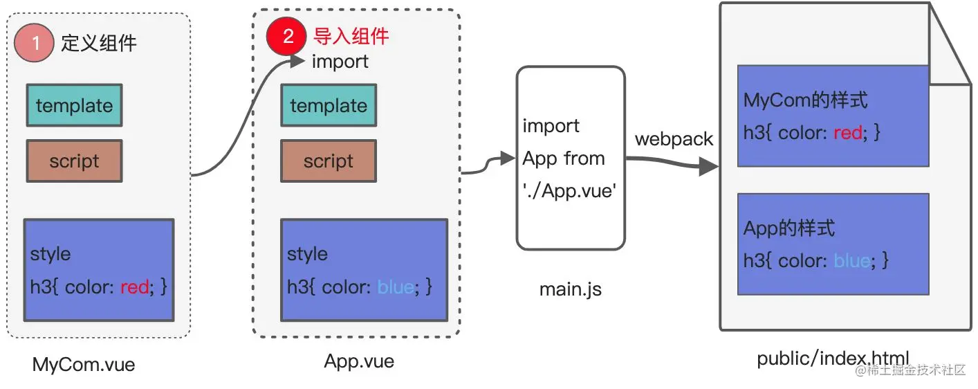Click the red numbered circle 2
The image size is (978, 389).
[x=287, y=36]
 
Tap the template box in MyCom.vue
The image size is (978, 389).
[x=74, y=105]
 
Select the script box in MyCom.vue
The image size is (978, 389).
[x=74, y=161]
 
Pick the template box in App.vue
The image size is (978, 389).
[x=329, y=105]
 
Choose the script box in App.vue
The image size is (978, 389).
[x=329, y=161]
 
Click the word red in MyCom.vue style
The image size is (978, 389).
[x=134, y=287]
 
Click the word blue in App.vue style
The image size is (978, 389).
[x=395, y=287]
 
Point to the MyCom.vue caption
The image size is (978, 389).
[x=84, y=365]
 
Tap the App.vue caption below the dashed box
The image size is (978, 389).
[x=359, y=361]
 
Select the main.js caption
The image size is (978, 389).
[x=571, y=289]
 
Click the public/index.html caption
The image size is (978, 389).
[x=833, y=359]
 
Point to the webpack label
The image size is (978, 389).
[x=674, y=139]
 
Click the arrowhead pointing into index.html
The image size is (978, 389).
[x=709, y=167]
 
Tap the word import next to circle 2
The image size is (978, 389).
[x=340, y=62]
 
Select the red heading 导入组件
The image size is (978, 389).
[x=351, y=36]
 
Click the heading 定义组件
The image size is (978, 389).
[x=99, y=43]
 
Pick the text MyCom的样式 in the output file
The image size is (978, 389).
[x=805, y=100]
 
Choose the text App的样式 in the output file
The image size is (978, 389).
[x=789, y=228]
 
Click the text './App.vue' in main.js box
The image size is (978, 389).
[x=568, y=191]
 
